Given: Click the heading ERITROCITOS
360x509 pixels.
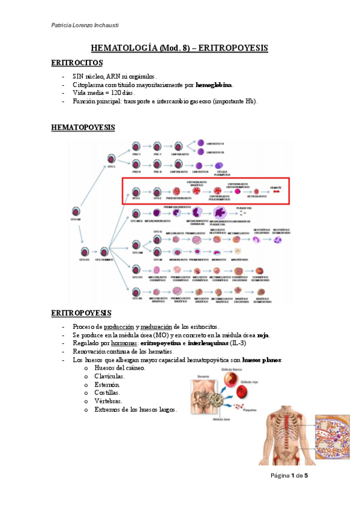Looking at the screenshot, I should coord(77,62).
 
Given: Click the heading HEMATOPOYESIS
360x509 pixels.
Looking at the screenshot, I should coord(83,128).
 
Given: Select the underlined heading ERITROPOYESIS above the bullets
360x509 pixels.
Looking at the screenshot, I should coord(81,313).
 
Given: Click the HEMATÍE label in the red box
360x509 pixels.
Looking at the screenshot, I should coord(275,188).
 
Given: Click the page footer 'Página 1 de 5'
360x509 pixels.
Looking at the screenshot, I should coord(289,475).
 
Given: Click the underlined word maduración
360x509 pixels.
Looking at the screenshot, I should coord(157,326).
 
